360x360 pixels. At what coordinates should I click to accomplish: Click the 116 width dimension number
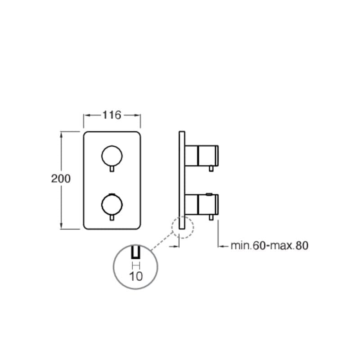click(112, 115)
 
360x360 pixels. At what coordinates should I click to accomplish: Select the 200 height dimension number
click(61, 179)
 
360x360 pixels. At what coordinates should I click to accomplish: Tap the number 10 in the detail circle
click(135, 276)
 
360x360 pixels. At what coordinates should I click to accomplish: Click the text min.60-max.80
click(270, 246)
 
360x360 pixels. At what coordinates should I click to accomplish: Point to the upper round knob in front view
click(111, 155)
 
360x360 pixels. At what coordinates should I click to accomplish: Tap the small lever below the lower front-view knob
click(111, 217)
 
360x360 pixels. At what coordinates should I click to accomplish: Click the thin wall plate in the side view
click(181, 180)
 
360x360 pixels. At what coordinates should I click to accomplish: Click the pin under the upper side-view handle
click(211, 168)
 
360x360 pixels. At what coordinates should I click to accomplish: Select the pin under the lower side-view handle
click(211, 217)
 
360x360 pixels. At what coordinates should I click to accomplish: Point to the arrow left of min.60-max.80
click(222, 246)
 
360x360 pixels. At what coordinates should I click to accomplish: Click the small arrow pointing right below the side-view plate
click(174, 246)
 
